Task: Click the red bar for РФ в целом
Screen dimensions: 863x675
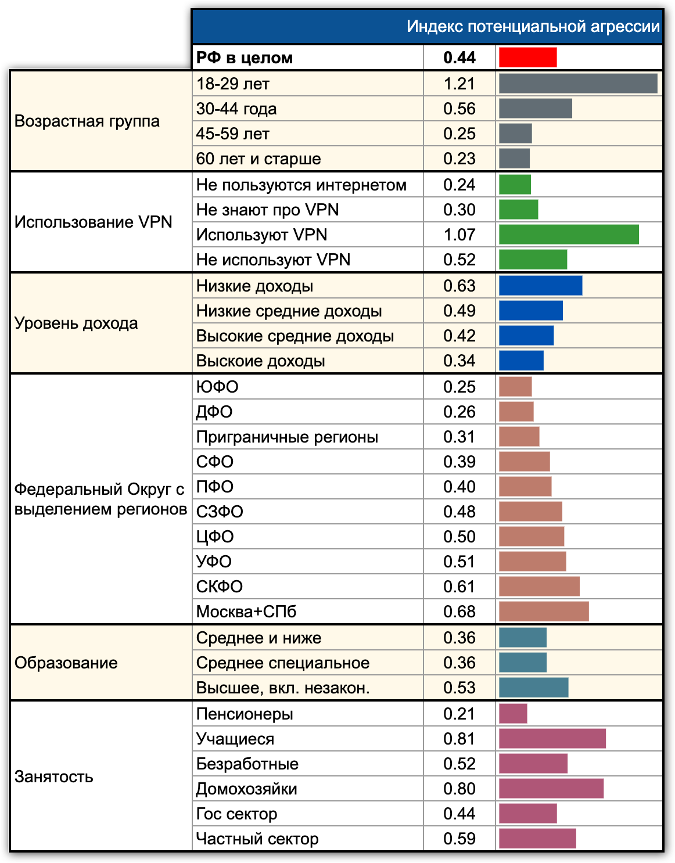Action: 527,57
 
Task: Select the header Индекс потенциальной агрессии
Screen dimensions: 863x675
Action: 533,27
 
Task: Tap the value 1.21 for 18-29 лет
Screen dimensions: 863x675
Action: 459,84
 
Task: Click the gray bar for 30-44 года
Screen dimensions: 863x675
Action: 535,109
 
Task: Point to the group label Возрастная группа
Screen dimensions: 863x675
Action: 87,121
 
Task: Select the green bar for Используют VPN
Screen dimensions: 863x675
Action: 569,235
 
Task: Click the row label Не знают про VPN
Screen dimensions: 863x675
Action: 267,210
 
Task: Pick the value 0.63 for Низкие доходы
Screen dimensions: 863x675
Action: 459,286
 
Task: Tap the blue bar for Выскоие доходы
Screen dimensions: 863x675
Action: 521,361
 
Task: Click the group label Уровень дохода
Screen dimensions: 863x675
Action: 76,323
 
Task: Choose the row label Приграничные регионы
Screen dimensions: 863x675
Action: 287,437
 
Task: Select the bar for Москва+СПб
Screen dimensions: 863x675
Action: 544,612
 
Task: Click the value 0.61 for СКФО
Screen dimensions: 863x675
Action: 459,587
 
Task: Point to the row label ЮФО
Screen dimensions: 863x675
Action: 217,387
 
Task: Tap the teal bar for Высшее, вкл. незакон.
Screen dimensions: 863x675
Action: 533,688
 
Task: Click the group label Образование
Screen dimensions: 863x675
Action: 66,663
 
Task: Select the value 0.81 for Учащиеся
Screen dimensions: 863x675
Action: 459,739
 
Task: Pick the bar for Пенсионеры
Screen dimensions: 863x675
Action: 513,714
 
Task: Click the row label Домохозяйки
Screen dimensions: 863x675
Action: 246,789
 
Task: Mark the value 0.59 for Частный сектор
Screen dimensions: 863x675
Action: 459,839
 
